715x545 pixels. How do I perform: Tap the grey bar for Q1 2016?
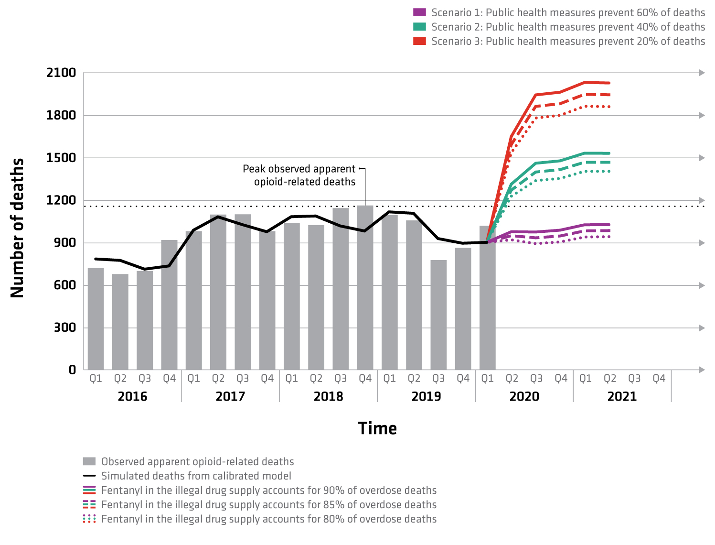point(96,318)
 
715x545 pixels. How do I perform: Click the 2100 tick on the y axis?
point(61,73)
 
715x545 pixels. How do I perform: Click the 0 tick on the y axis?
point(72,370)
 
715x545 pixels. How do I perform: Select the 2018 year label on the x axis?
point(328,396)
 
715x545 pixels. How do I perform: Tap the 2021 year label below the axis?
point(622,396)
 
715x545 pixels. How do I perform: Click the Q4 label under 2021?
point(659,379)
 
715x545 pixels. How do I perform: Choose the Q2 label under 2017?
point(218,379)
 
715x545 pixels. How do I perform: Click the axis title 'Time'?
point(377,428)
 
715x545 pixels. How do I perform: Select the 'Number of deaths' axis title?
point(17,228)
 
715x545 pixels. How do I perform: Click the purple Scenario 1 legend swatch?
point(419,12)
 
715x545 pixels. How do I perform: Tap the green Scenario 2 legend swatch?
point(419,27)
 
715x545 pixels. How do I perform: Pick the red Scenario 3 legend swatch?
point(419,41)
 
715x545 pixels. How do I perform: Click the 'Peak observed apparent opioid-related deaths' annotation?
point(299,175)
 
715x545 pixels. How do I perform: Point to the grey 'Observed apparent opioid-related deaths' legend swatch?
point(89,461)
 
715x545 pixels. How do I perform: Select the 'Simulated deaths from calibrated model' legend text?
point(196,476)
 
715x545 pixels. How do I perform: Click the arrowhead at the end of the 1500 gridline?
point(702,158)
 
